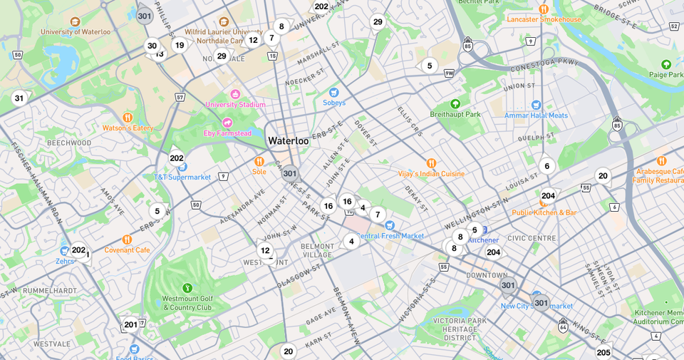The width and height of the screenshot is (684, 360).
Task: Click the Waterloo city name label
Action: (289, 140)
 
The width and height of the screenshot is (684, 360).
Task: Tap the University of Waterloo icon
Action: (75, 21)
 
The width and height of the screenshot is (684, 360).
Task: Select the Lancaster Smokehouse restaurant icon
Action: (544, 9)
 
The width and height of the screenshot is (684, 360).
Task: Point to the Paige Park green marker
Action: (666, 64)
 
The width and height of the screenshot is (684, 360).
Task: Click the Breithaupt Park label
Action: (455, 114)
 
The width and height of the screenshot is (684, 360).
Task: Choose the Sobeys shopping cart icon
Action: (333, 92)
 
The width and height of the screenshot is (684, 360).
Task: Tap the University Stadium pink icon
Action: (235, 94)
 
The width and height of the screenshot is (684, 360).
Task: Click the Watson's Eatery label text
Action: (128, 128)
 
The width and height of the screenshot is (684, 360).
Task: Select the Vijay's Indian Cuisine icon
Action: (431, 163)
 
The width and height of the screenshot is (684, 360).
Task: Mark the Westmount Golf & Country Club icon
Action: (187, 288)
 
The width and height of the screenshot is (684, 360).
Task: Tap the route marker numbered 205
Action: (603, 352)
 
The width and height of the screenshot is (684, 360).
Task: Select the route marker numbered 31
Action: (19, 98)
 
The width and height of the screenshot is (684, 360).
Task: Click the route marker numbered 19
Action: (180, 45)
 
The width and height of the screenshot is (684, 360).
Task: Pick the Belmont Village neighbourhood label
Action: (318, 250)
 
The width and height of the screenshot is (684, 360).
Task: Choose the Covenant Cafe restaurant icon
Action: (127, 240)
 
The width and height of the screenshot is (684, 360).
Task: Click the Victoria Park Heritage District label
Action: (454, 329)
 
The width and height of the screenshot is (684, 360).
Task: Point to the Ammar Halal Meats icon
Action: (536, 105)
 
